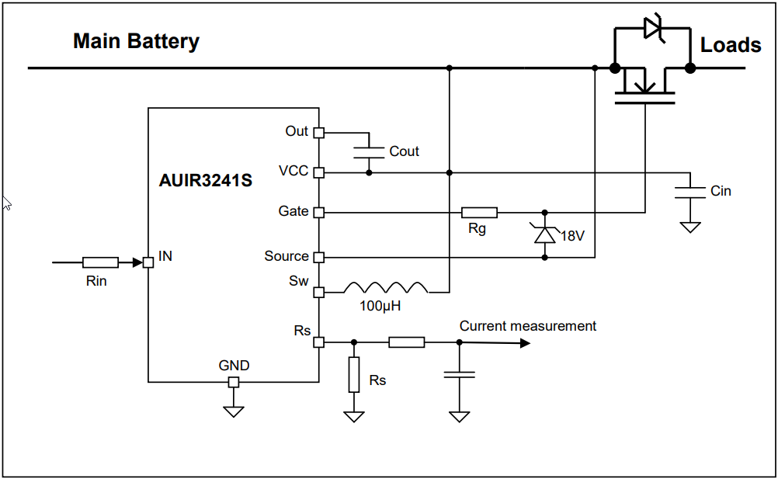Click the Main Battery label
pyautogui.click(x=136, y=41)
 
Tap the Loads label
pyautogui.click(x=731, y=45)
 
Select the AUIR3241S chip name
pyautogui.click(x=206, y=182)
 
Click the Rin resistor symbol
pyautogui.click(x=100, y=262)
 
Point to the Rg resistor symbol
pyautogui.click(x=479, y=212)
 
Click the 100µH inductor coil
pyautogui.click(x=386, y=287)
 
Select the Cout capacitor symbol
pyautogui.click(x=369, y=151)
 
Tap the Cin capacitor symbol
pyautogui.click(x=685, y=192)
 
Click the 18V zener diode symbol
pyautogui.click(x=545, y=233)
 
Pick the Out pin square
pyautogui.click(x=318, y=132)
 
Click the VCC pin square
pyautogui.click(x=318, y=172)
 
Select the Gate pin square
pyautogui.click(x=318, y=212)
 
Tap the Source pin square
pyautogui.click(x=318, y=257)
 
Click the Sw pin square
pyautogui.click(x=318, y=293)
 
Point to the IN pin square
pyautogui.click(x=148, y=262)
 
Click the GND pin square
pyautogui.click(x=234, y=382)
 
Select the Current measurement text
pyautogui.click(x=527, y=326)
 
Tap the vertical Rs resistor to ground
pyautogui.click(x=354, y=374)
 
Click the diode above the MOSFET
pyautogui.click(x=652, y=30)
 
